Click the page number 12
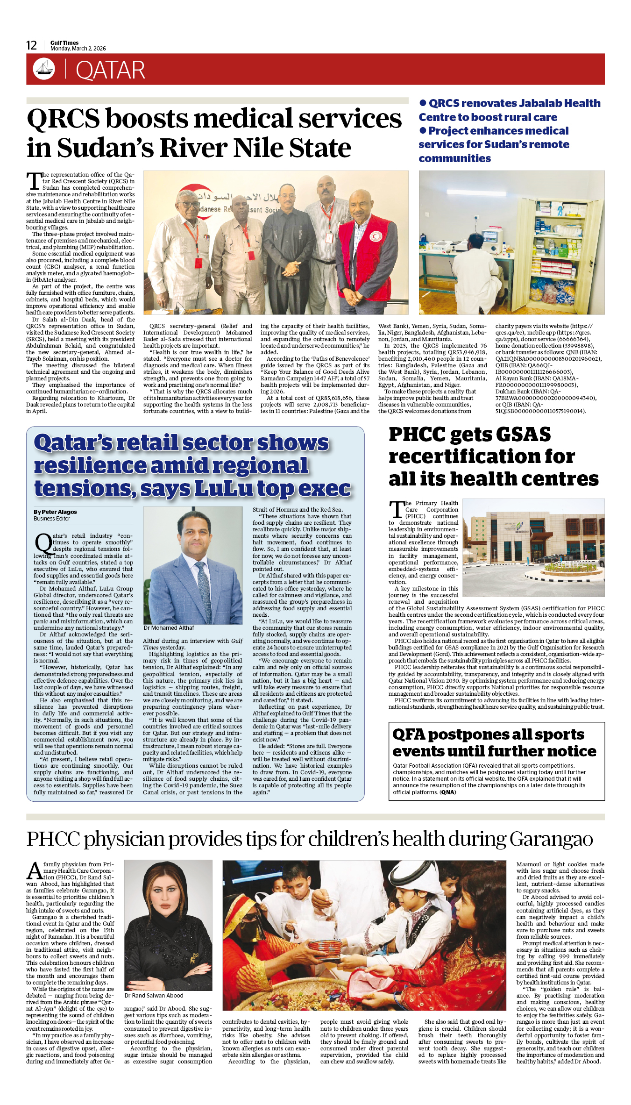[31, 45]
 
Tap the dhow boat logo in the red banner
[44, 69]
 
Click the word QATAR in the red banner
[110, 71]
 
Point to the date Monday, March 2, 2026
[78, 49]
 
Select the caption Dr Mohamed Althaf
[169, 628]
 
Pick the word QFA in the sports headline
[409, 734]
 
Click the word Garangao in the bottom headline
[551, 839]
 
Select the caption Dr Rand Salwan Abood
[154, 996]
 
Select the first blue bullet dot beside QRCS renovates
[423, 103]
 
